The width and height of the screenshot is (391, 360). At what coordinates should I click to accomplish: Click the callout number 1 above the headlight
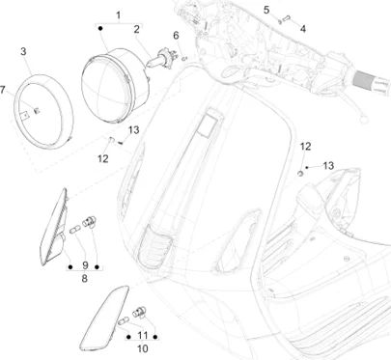119,15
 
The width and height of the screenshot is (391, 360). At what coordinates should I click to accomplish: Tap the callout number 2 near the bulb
137,29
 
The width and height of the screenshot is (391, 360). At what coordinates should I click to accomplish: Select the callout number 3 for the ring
23,51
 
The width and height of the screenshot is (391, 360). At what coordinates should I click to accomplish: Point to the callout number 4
303,29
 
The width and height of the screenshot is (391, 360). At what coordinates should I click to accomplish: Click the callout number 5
266,10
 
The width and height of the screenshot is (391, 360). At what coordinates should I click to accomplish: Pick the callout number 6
176,36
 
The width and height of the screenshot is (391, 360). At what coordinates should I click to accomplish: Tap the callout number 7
3,90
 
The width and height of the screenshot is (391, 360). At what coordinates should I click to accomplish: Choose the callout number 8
84,279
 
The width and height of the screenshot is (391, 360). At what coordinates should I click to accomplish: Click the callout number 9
85,265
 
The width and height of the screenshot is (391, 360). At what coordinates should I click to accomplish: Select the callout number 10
142,348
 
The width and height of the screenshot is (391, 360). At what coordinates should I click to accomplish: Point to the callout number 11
143,336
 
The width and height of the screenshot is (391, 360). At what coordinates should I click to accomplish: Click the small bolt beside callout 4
287,18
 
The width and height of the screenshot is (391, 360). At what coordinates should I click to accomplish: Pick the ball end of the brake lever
364,119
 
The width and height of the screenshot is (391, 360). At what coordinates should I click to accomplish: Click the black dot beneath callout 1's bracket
100,29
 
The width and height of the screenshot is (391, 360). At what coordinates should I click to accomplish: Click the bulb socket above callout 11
140,312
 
